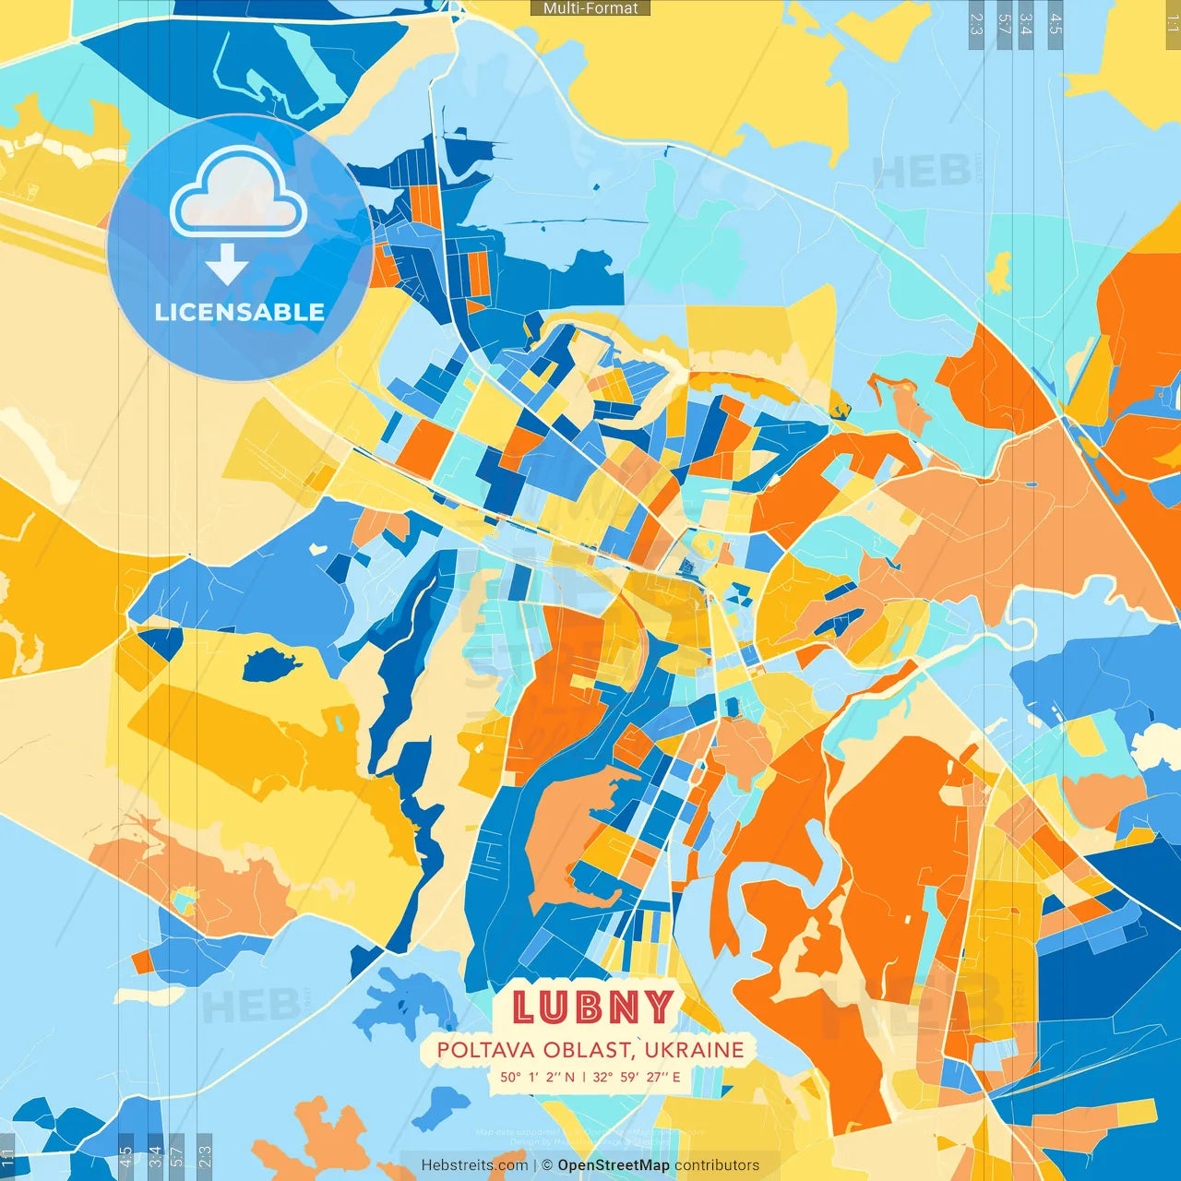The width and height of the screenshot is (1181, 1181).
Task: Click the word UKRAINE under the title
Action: click(694, 1050)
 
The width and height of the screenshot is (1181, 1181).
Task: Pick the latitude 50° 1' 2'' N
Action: click(537, 1077)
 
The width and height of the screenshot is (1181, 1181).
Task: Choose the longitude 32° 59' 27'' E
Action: click(637, 1077)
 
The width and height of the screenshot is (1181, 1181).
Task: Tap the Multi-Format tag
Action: click(590, 8)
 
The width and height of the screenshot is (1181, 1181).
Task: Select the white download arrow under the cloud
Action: click(227, 266)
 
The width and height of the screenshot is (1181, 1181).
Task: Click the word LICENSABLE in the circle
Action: click(240, 312)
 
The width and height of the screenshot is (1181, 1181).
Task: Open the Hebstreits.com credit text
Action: click(474, 1165)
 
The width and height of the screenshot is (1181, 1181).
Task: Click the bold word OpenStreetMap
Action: click(614, 1165)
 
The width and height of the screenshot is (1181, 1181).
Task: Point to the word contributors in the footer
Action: click(717, 1165)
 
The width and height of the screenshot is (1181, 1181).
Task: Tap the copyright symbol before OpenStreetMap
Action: click(547, 1165)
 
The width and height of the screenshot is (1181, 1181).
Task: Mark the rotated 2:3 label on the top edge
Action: click(976, 24)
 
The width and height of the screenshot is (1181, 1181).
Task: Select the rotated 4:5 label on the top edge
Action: click(1056, 24)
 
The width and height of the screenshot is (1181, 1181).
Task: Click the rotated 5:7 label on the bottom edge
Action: click(176, 1155)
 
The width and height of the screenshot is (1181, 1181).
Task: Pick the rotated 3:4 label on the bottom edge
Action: click(155, 1155)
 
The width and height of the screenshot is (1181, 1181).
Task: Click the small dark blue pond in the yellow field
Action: click(269, 663)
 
